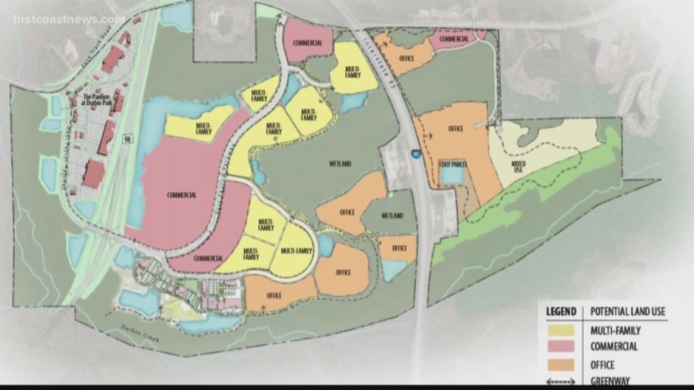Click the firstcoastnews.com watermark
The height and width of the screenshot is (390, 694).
[68, 19]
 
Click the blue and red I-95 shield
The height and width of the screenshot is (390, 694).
[414, 154]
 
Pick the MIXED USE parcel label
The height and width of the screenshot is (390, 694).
[519, 165]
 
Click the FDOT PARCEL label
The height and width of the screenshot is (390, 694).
[452, 164]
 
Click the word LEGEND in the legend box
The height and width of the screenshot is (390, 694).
[561, 312]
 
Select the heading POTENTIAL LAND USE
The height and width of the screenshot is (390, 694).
[628, 312]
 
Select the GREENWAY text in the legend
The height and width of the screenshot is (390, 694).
[611, 381]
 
